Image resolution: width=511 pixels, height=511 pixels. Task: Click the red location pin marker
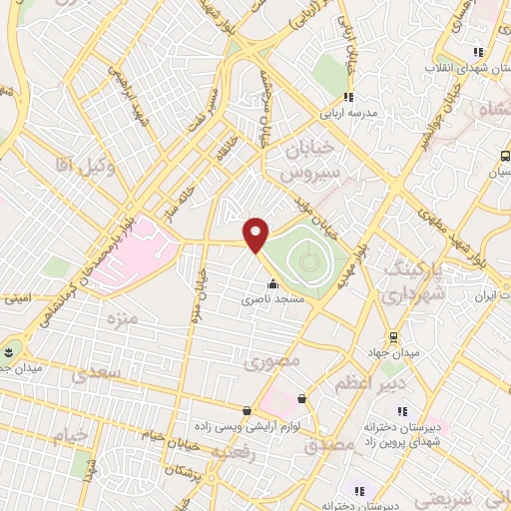click(x=256, y=235)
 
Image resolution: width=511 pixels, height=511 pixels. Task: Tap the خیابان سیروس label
click(x=307, y=160)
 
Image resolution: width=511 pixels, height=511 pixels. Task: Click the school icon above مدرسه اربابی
click(x=348, y=97)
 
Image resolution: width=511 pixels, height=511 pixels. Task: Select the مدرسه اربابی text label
click(x=348, y=113)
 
